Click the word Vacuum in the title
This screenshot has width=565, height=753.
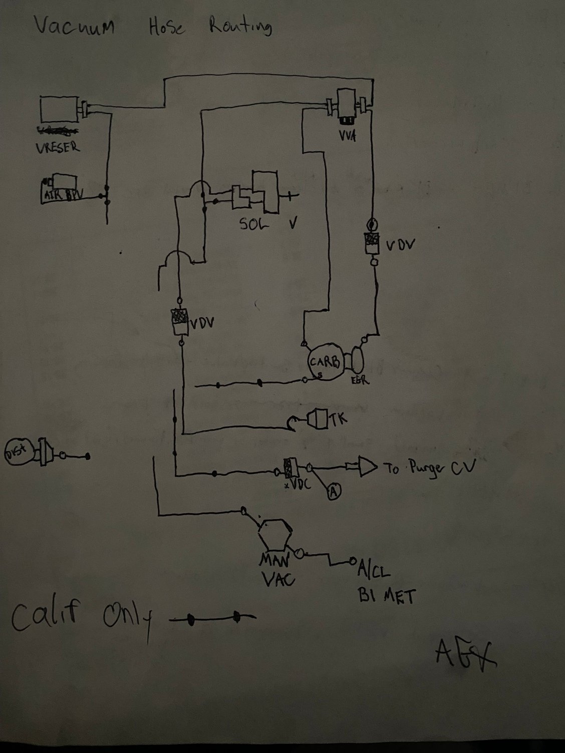coord(74,25)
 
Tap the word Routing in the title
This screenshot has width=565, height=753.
coord(240,26)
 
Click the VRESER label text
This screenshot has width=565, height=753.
coord(57,148)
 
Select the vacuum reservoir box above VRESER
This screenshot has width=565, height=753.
coord(59,110)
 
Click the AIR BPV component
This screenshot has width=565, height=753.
coord(58,189)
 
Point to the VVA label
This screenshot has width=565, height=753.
coord(347,135)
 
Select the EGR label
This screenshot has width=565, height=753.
coord(361,381)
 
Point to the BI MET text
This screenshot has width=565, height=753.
coord(386,596)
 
